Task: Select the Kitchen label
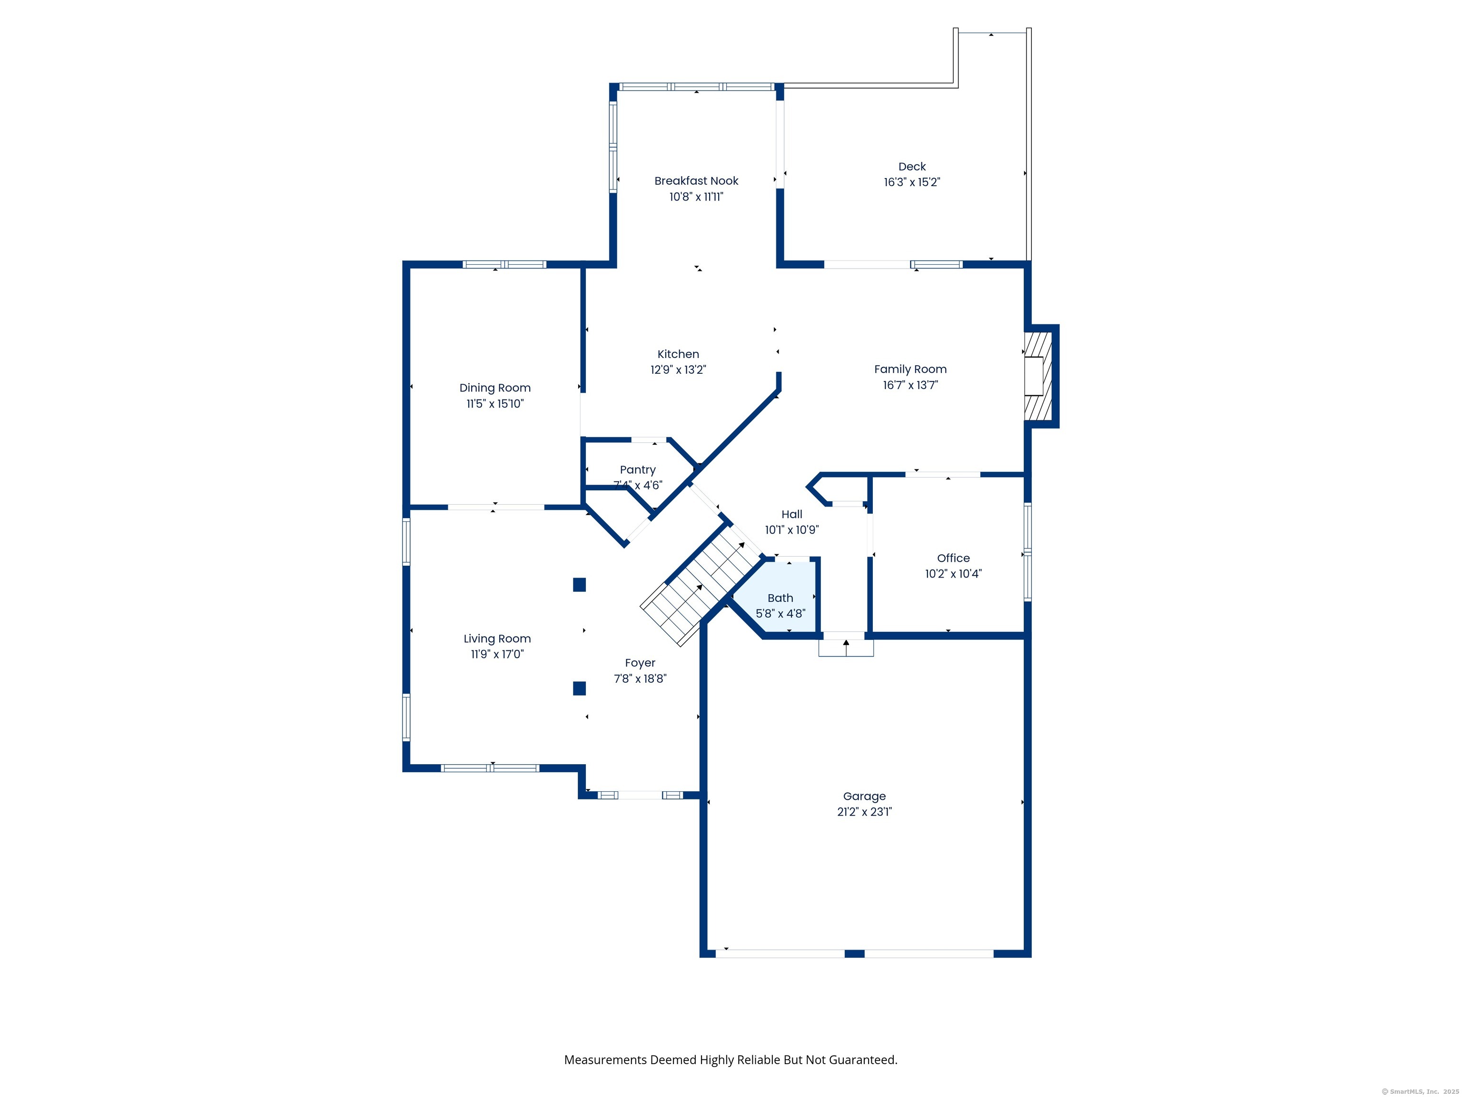678,354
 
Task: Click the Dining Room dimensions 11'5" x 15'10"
495,403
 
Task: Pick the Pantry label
638,470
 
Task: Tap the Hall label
792,514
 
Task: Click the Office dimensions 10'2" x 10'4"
953,574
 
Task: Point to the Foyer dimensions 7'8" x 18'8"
640,678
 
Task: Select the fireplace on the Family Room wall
1037,376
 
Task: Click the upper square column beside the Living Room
580,585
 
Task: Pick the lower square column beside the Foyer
580,688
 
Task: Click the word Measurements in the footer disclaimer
605,1059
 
